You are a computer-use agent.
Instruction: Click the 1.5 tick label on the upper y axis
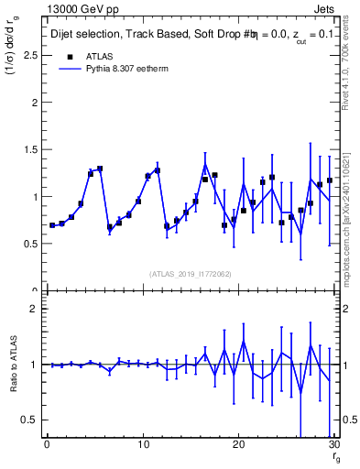click(x=31, y=149)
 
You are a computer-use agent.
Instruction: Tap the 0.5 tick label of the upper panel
click(x=31, y=244)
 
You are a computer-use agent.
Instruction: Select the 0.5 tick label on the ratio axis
click(x=31, y=420)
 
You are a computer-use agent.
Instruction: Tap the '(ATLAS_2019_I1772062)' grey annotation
click(x=190, y=273)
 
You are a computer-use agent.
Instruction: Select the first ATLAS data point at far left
click(x=52, y=224)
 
